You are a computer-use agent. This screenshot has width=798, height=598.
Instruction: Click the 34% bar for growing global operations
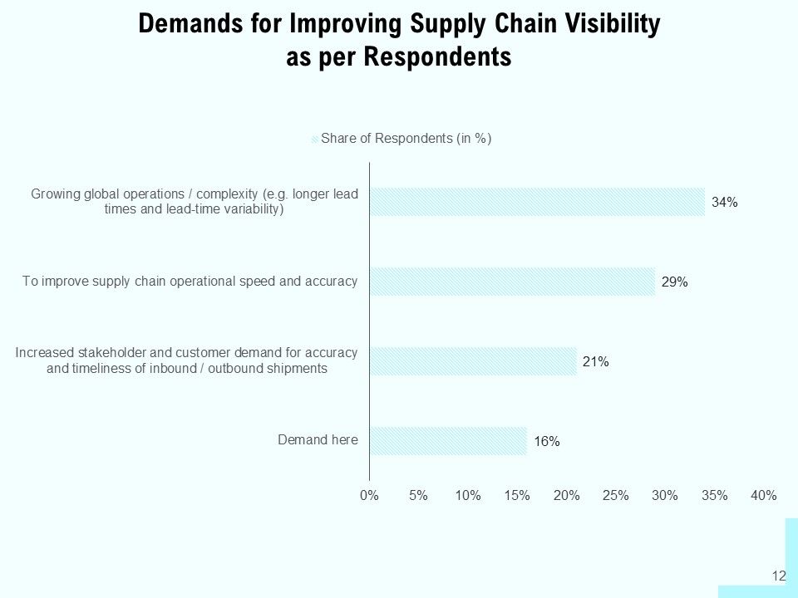click(x=538, y=202)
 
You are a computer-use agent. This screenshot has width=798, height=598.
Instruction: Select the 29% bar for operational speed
click(x=513, y=282)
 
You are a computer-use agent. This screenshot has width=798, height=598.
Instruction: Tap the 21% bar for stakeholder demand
click(x=473, y=361)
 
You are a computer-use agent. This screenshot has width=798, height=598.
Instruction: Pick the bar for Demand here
click(x=448, y=441)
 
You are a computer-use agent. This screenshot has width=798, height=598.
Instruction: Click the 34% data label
click(x=725, y=203)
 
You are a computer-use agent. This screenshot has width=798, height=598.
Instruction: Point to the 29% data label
click(x=675, y=282)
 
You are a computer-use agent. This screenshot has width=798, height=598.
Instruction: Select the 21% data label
click(x=596, y=361)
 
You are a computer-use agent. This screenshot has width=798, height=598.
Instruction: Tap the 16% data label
click(x=547, y=441)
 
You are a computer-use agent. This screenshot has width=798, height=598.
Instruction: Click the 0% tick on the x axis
click(x=369, y=495)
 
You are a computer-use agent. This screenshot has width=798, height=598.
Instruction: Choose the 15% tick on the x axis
click(x=517, y=495)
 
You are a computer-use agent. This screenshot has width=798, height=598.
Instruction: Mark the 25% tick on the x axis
click(x=616, y=495)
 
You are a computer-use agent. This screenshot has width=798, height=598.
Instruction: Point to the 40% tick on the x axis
click(x=764, y=495)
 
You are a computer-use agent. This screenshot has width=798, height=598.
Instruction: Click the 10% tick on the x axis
click(x=468, y=495)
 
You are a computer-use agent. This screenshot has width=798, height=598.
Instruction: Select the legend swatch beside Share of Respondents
click(x=315, y=139)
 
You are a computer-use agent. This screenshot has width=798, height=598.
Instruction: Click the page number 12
click(x=779, y=576)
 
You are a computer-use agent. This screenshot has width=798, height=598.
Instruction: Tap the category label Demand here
click(x=318, y=440)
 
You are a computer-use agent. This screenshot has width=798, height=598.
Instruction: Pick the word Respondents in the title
click(x=438, y=56)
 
